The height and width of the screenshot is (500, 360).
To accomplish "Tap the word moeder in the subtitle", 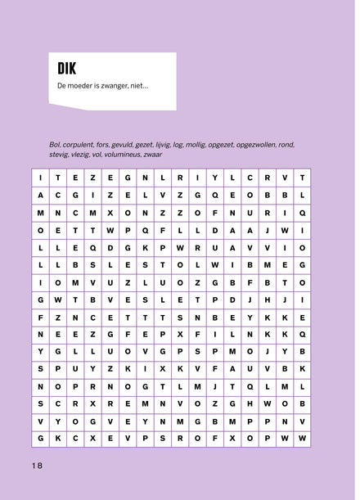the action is [88, 86].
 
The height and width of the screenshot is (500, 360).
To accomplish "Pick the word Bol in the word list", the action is [55, 144].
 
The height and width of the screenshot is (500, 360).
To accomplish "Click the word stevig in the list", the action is [61, 154].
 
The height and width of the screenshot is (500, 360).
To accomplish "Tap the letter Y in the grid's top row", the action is [214, 177].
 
